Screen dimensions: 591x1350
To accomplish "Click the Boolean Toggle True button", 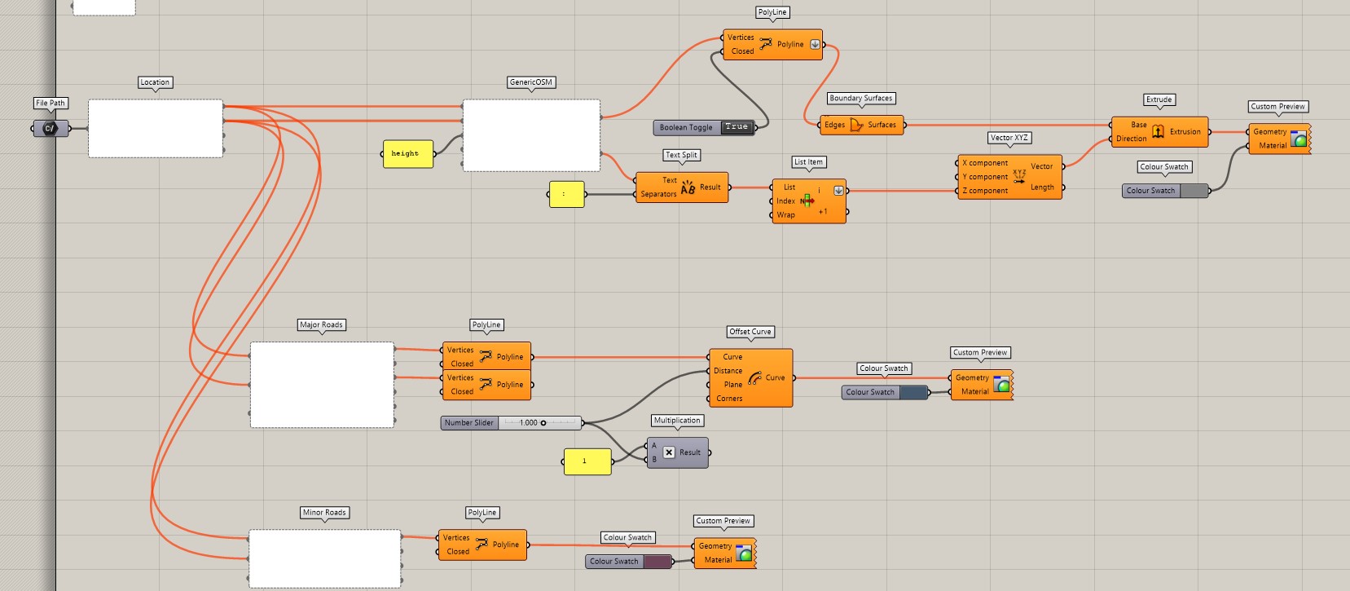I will [737, 127].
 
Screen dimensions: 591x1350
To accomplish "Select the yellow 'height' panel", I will [408, 153].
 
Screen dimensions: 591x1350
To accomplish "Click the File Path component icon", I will [50, 128].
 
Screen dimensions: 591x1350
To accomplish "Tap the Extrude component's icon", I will [1158, 131].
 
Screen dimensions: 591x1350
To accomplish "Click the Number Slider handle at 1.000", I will [543, 422].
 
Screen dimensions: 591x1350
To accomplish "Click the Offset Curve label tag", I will [750, 332].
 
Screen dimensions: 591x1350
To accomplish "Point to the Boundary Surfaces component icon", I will [856, 125].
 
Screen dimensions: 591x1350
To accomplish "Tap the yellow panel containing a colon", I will [566, 194].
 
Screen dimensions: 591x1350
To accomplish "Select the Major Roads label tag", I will [321, 324].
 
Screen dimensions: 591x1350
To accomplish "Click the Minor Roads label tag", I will [324, 513].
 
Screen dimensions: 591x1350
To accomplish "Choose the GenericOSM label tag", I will [530, 82].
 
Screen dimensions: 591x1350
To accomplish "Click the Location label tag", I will [155, 82].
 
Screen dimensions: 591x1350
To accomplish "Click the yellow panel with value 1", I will [587, 461].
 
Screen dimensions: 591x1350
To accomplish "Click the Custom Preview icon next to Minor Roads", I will [744, 554].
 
